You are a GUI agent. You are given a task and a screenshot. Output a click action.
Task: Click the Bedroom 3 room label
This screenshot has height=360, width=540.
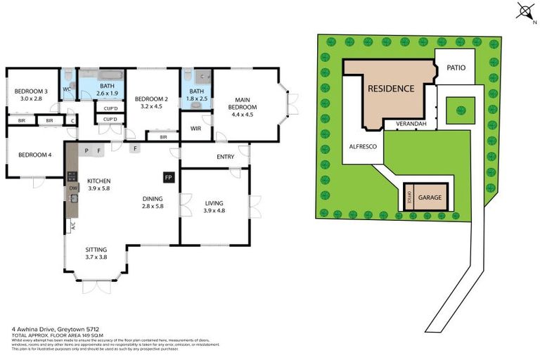[x=30, y=95]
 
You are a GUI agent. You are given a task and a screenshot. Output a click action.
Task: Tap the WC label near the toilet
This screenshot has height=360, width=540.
[x=66, y=89]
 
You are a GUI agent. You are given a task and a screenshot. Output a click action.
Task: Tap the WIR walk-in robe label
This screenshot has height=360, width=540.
[x=196, y=129]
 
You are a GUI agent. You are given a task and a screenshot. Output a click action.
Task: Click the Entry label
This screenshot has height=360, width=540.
[x=225, y=157]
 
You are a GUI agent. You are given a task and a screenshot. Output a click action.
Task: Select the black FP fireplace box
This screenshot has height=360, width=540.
[x=168, y=178]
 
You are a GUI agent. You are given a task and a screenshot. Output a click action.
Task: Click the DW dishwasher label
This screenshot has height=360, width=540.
[x=72, y=188]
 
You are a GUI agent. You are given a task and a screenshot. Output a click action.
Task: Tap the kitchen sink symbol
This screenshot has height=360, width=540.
[x=72, y=198]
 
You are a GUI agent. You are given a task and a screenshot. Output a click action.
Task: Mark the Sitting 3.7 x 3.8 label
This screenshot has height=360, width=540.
[x=96, y=253]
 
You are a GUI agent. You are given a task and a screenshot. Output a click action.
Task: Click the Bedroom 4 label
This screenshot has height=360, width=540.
[x=34, y=155]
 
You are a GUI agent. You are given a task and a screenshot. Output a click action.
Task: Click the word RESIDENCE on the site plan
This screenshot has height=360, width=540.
[x=391, y=89]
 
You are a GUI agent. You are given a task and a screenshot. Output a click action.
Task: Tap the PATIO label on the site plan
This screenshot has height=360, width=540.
[x=456, y=67]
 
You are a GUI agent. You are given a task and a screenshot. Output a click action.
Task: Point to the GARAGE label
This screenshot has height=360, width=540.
[x=430, y=198]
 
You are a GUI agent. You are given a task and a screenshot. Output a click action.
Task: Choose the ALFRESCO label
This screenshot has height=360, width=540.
[x=364, y=146]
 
